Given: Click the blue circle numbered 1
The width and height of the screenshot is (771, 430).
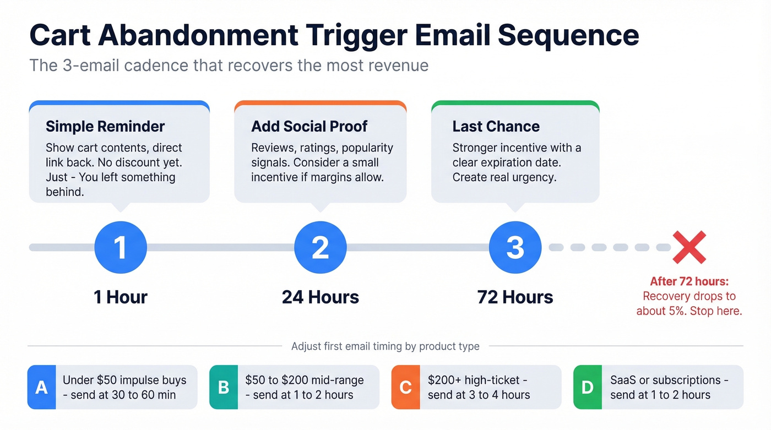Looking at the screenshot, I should click(x=121, y=247).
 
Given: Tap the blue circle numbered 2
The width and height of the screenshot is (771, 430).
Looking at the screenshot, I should click(x=320, y=247).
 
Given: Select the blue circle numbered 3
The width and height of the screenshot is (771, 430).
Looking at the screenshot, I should click(x=515, y=247).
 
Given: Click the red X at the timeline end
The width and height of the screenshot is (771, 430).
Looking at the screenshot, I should click(x=689, y=247).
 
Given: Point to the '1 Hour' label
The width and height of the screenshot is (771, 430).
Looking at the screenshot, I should click(x=121, y=297).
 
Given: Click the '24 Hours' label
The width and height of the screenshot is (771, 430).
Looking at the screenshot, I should click(x=320, y=297).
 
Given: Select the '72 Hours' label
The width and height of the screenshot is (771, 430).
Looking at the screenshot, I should click(x=515, y=297).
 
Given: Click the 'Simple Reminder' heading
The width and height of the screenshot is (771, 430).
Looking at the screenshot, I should click(x=105, y=126).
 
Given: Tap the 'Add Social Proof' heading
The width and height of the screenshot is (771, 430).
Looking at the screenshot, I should click(x=309, y=126).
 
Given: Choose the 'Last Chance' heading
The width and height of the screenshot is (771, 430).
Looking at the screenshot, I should click(x=496, y=126).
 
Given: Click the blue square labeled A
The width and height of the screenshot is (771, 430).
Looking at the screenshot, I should click(x=41, y=387).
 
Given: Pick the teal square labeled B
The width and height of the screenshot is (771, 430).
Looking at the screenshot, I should click(x=224, y=387).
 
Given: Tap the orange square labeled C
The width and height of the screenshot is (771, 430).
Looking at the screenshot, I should click(x=405, y=387).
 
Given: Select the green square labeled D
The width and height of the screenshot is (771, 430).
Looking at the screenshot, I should click(x=588, y=387).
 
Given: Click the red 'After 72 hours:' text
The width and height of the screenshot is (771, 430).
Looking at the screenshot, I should click(x=689, y=281).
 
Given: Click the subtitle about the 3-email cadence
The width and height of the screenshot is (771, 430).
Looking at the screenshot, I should click(x=229, y=66).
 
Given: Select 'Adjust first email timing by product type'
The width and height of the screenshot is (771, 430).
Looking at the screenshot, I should click(x=385, y=346).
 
